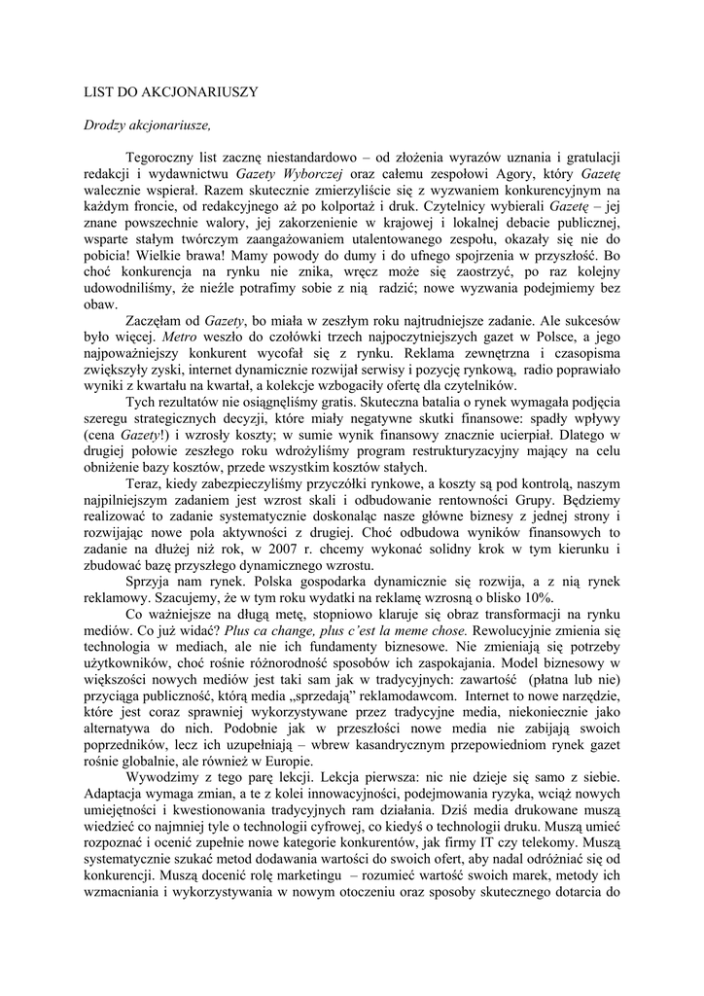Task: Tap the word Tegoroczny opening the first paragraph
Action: pyautogui.click(x=164, y=156)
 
